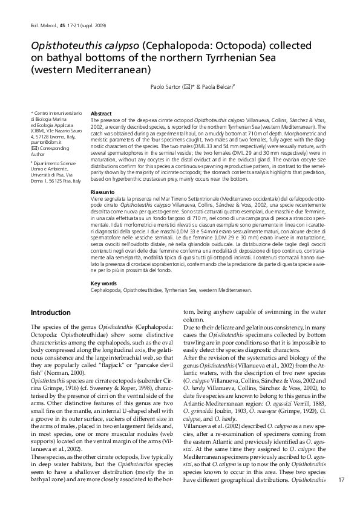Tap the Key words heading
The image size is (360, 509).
tap(102, 283)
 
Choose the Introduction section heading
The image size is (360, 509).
tap(50, 313)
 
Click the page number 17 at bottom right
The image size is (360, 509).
tap(341, 480)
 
